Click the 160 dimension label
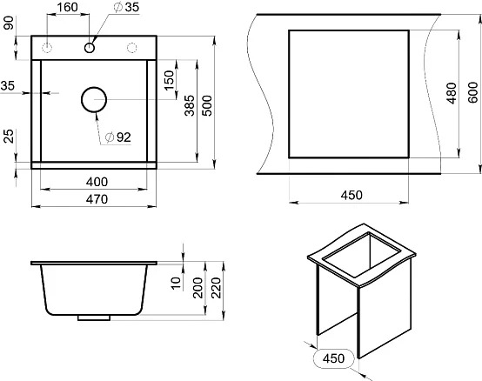pos(68,7)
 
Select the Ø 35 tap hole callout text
pos(126,7)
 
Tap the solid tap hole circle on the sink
pos(89,48)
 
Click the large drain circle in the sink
pos(94,99)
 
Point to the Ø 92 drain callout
pos(118,137)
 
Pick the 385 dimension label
pos(190,105)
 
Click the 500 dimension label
pos(207,106)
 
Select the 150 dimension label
pos(170,80)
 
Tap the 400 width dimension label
pos(97,182)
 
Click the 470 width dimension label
pos(97,199)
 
